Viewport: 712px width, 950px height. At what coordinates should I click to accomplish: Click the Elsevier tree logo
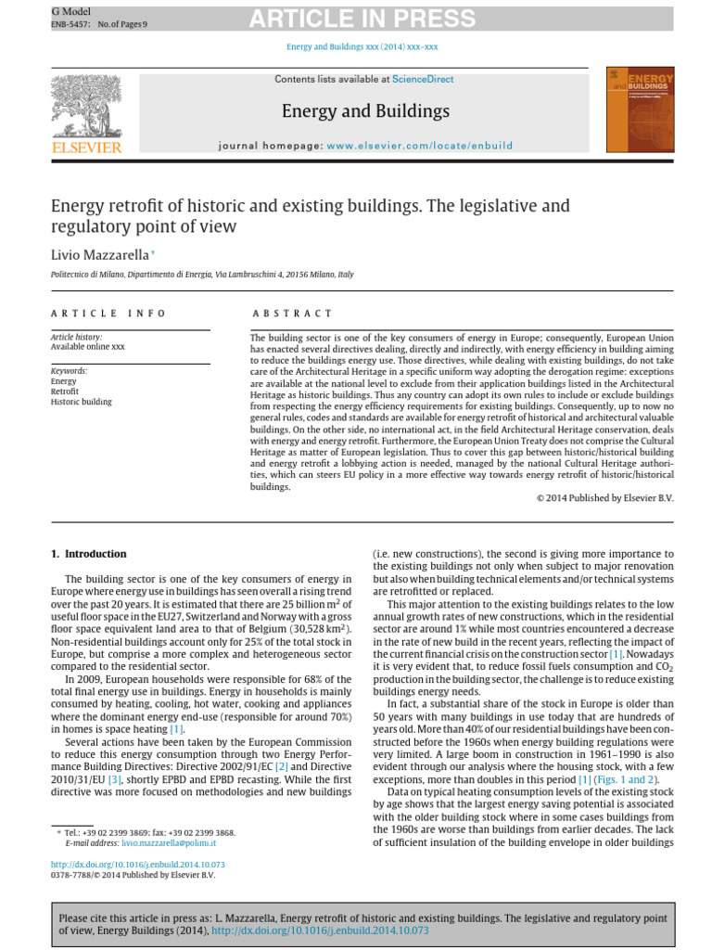click(86, 106)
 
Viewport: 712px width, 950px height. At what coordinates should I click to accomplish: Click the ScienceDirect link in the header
click(423, 80)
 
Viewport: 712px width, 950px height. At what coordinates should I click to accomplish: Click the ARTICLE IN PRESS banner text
click(362, 19)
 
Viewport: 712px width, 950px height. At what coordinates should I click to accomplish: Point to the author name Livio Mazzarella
click(99, 253)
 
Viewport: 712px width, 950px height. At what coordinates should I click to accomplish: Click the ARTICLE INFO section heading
click(108, 314)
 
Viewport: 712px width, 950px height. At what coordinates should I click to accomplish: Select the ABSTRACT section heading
click(291, 314)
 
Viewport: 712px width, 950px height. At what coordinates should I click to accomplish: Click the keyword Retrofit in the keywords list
click(64, 392)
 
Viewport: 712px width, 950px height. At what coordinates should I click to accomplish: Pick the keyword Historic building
click(81, 402)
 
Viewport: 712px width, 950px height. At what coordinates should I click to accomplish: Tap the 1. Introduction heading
click(89, 554)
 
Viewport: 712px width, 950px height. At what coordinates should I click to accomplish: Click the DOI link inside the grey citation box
click(320, 930)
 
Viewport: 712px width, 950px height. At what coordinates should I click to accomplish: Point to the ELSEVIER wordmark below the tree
click(86, 147)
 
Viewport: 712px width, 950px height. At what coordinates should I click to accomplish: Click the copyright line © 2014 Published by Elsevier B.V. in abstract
click(605, 498)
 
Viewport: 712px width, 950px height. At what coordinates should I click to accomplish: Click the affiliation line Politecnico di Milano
click(201, 275)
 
